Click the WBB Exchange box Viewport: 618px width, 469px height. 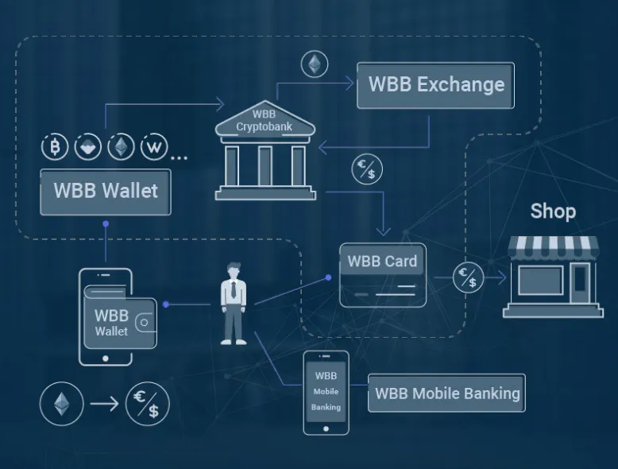click(435, 85)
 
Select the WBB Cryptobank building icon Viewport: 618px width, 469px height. click(265, 150)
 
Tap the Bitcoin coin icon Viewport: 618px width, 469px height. click(55, 147)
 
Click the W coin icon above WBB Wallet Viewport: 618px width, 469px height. click(154, 147)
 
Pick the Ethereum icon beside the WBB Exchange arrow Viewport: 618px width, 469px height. click(315, 64)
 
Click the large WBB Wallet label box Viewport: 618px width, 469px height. click(106, 192)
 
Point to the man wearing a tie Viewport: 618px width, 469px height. click(234, 304)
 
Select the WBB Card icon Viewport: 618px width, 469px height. click(383, 275)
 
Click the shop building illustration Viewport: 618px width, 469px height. click(553, 277)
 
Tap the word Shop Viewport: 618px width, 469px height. click(553, 211)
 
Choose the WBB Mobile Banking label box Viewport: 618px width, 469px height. click(446, 393)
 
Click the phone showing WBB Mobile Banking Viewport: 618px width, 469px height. click(326, 393)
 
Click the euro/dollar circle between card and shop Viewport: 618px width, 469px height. click(468, 277)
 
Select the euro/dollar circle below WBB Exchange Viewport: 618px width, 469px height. click(367, 169)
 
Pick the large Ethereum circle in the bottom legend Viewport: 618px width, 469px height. click(62, 404)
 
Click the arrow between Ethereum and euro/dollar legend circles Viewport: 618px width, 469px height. click(104, 404)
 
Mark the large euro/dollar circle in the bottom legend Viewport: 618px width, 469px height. click(148, 404)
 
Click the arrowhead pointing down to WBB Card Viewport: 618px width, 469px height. click(383, 231)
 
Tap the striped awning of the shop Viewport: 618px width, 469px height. click(553, 246)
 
